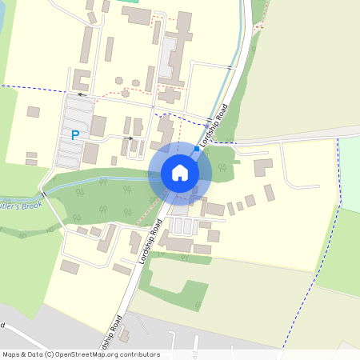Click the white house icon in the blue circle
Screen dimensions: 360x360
(x=180, y=173)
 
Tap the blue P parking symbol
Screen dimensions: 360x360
(x=75, y=135)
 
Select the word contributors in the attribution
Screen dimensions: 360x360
(x=141, y=354)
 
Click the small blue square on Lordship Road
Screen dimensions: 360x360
(x=197, y=148)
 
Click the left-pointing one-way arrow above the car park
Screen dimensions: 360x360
(x=81, y=94)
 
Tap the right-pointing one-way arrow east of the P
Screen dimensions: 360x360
(x=130, y=138)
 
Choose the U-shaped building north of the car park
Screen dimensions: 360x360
(x=81, y=80)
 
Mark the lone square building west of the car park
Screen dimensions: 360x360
(x=33, y=112)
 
